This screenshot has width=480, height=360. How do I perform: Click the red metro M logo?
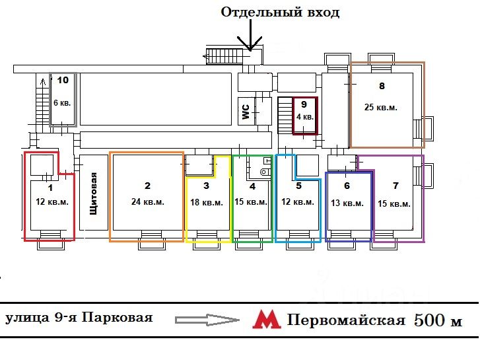266,319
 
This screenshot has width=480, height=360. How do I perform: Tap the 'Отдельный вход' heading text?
280,13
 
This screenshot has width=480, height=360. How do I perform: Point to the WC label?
246,112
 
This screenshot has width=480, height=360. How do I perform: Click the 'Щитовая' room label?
93,194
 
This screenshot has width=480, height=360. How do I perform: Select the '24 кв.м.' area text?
148,201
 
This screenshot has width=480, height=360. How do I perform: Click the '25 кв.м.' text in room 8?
381,107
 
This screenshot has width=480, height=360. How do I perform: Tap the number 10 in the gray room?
63,80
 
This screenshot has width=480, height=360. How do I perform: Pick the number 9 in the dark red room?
304,104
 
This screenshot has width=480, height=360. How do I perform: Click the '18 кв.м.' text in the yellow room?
207,202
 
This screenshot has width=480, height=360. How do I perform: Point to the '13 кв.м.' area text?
347,203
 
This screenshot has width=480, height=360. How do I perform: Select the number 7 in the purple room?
395,186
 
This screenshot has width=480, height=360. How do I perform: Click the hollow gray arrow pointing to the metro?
207,320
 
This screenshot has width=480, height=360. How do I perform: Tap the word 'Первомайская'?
346,320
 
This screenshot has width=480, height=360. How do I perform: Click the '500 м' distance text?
438,320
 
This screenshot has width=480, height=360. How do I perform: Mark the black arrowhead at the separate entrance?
250,44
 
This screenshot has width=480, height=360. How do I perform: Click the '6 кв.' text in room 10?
62,102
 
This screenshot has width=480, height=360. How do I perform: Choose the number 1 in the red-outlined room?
51,188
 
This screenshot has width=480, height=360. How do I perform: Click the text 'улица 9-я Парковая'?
79,318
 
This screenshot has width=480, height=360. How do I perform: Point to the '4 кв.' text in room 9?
305,117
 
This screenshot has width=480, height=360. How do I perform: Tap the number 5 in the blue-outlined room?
299,186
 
